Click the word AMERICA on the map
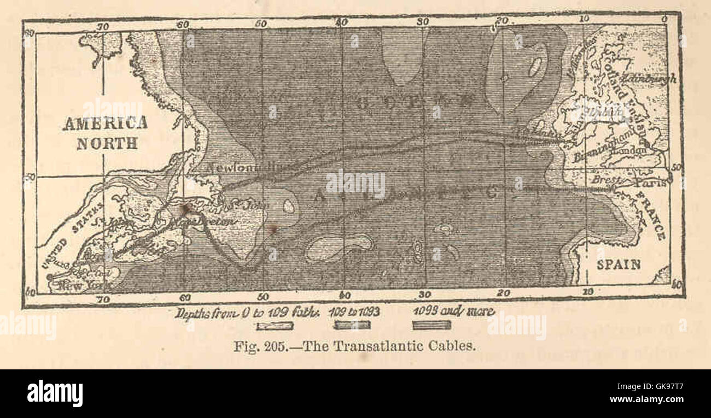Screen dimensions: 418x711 [x=105, y=123]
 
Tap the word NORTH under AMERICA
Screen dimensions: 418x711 [x=107, y=144]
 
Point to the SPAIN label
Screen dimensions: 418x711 [x=618, y=265]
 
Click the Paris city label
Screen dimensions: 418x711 [x=651, y=183]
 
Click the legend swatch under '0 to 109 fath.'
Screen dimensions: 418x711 [x=275, y=326]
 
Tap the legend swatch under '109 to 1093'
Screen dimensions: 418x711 [x=352, y=326]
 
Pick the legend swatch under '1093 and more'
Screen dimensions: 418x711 [x=432, y=326]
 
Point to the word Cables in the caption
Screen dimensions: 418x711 [x=454, y=346]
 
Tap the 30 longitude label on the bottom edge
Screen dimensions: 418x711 [x=424, y=295]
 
